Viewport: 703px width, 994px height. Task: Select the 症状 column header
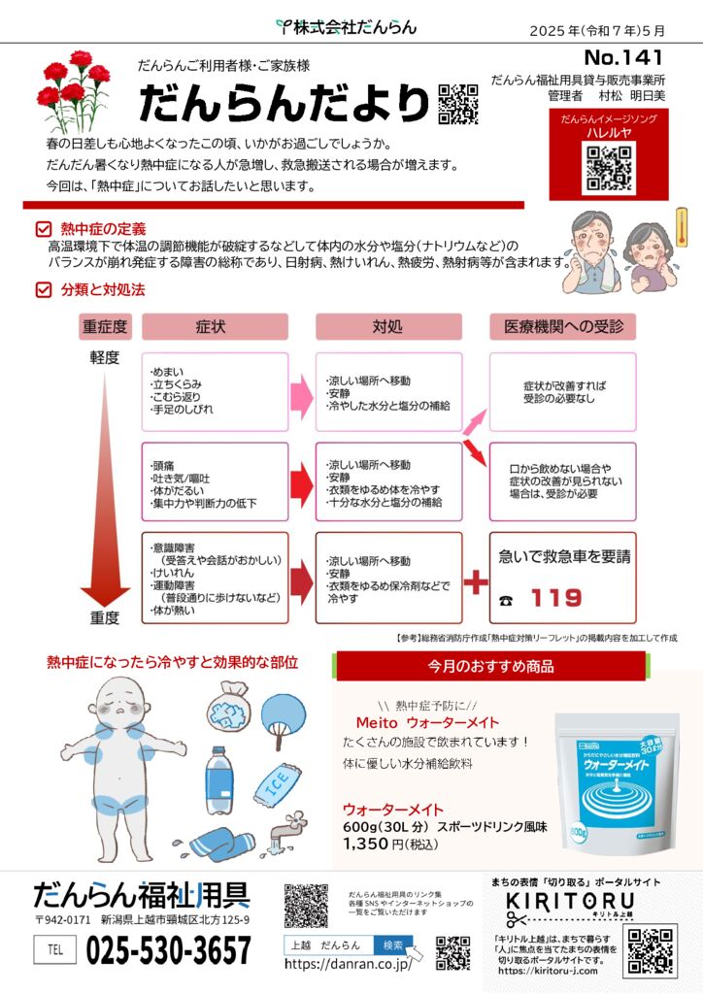(x=215, y=327)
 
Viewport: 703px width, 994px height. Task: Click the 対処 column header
(x=387, y=327)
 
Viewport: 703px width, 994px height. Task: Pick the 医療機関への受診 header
(x=563, y=327)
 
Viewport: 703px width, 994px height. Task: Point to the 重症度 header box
(x=104, y=327)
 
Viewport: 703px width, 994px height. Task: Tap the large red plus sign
(x=475, y=582)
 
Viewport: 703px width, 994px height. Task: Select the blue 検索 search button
(x=392, y=944)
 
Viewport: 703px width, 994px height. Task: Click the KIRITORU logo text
(x=556, y=902)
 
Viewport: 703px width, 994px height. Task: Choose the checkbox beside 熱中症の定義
(x=42, y=229)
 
